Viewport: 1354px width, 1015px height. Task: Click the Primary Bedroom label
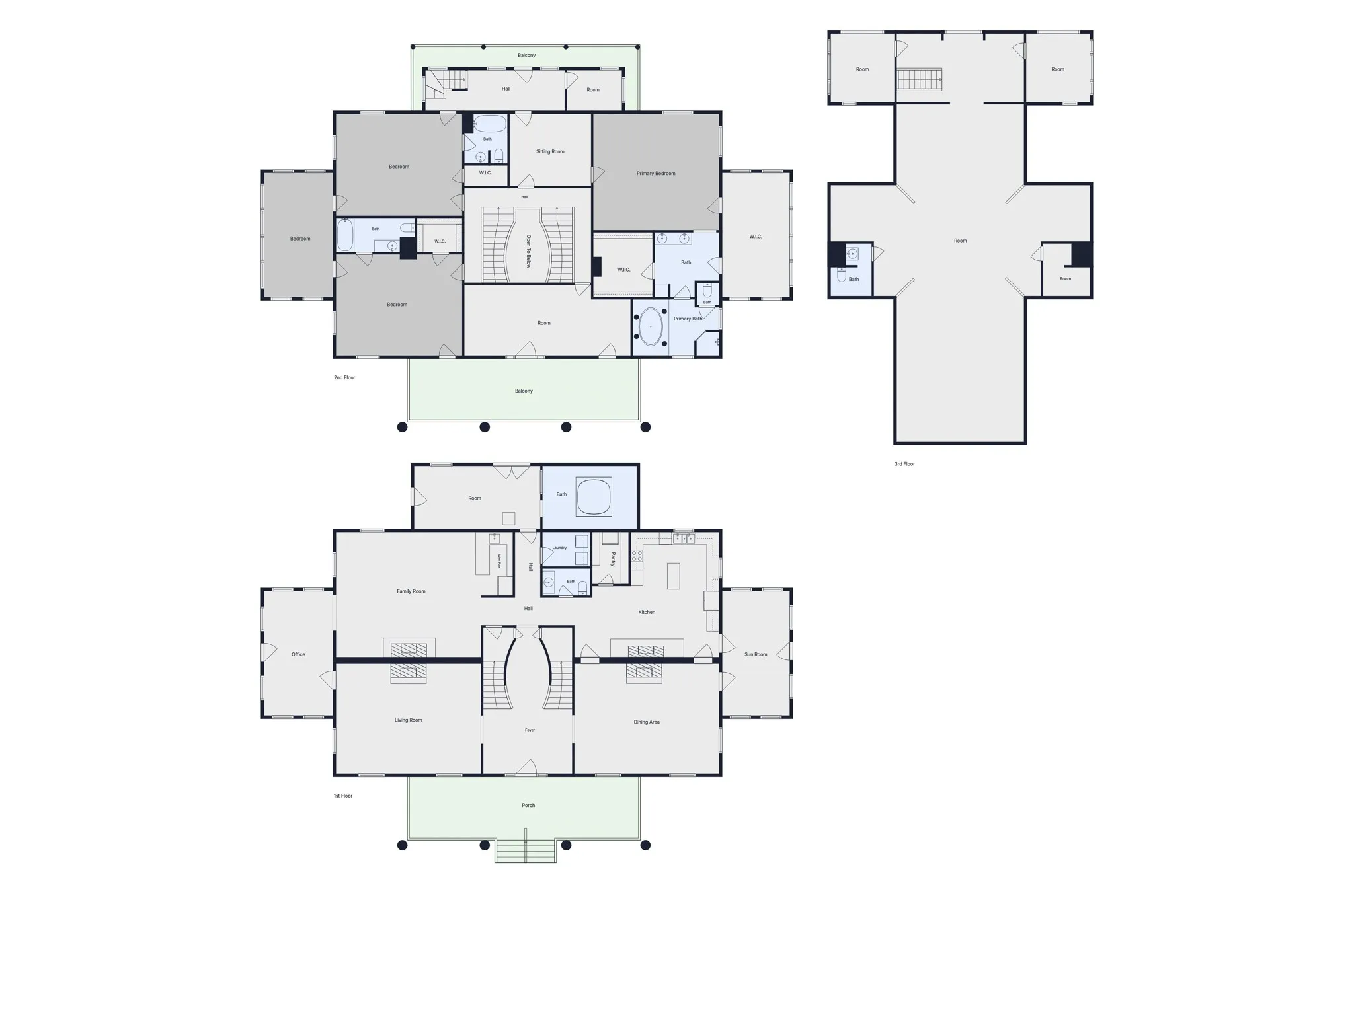coord(656,174)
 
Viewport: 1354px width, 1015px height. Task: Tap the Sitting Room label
coord(550,152)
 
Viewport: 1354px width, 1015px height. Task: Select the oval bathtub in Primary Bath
coord(651,326)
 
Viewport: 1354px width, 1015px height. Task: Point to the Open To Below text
coord(528,251)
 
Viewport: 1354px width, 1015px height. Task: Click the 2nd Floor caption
coord(344,378)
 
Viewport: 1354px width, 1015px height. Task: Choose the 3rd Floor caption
coord(904,464)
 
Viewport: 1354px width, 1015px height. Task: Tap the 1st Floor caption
coord(342,796)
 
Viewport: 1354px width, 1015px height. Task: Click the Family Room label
coord(411,591)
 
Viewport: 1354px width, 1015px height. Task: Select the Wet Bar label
coord(499,561)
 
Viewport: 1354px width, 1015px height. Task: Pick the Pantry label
coord(613,559)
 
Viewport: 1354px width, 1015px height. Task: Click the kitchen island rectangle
coord(673,576)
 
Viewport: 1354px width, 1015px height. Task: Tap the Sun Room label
coord(756,654)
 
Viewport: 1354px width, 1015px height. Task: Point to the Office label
coord(298,654)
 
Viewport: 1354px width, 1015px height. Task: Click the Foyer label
coord(530,730)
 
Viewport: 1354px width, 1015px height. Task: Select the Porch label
coord(528,806)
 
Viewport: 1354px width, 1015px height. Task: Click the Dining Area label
coord(647,722)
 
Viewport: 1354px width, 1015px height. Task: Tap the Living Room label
coord(408,720)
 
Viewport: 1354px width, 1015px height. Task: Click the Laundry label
coord(559,548)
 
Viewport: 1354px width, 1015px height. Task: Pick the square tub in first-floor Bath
coord(594,496)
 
